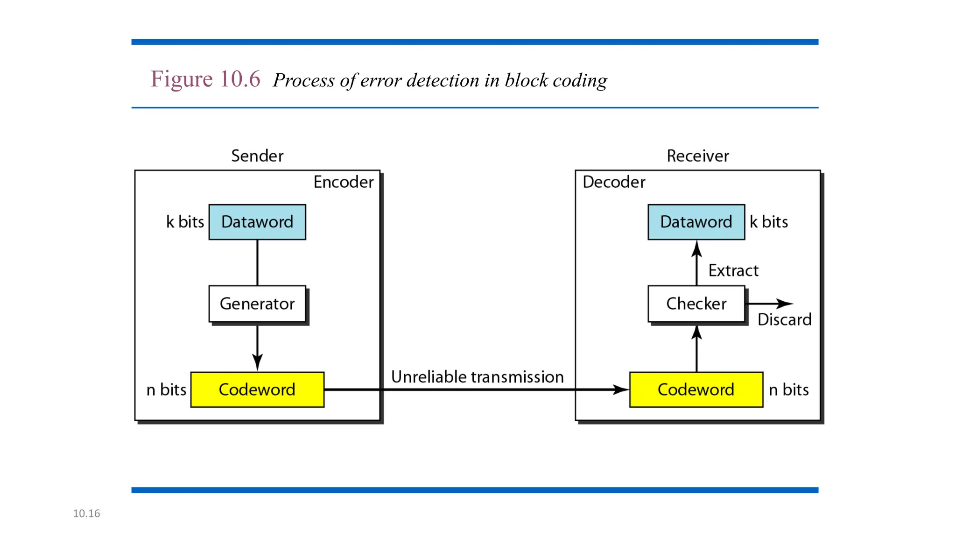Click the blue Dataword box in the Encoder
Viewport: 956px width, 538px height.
click(257, 222)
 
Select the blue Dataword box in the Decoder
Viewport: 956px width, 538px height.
click(696, 222)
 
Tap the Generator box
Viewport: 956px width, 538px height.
click(257, 304)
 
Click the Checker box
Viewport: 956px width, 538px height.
click(696, 304)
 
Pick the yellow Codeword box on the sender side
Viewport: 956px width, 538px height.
click(257, 389)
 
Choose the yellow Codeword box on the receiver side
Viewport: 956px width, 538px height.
click(696, 389)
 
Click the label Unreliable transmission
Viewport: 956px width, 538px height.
click(477, 377)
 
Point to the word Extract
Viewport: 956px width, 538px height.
click(733, 270)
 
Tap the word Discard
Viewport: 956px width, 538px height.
click(784, 319)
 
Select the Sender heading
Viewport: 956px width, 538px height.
click(257, 156)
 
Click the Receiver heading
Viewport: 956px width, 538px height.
click(697, 156)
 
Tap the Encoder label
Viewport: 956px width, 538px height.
click(343, 182)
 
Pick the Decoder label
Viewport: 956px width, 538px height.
click(614, 182)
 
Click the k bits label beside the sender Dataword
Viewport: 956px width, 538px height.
click(185, 222)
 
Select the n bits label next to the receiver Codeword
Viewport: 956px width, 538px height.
click(788, 389)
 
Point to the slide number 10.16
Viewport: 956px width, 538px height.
click(86, 513)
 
